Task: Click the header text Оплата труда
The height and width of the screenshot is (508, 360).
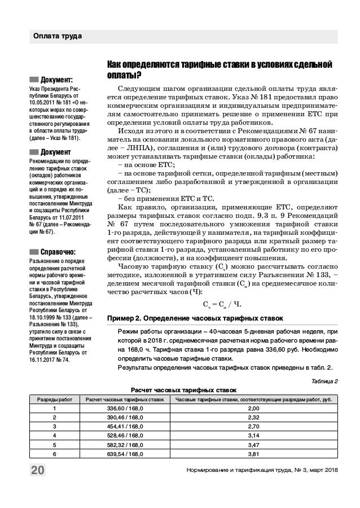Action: [56, 37]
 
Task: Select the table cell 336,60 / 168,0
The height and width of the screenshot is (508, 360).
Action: [124, 408]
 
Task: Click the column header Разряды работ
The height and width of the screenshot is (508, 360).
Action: [54, 399]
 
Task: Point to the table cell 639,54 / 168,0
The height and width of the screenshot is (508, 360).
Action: [124, 453]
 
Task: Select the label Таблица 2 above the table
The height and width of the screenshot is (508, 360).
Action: [323, 381]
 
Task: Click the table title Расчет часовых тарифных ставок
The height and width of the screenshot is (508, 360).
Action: [183, 390]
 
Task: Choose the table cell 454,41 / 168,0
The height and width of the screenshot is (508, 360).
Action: [124, 426]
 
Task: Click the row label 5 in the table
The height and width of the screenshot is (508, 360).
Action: [54, 444]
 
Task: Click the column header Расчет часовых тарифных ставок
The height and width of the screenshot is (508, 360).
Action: [124, 399]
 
